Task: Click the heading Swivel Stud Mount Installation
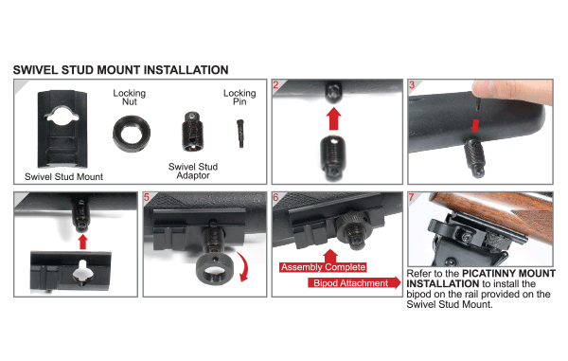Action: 120,70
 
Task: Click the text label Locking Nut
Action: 129,99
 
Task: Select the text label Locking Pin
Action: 239,99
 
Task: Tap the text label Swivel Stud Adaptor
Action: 194,171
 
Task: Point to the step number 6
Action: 275,198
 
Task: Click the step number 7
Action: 410,198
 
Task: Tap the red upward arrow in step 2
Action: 331,120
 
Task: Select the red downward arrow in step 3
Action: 475,124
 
